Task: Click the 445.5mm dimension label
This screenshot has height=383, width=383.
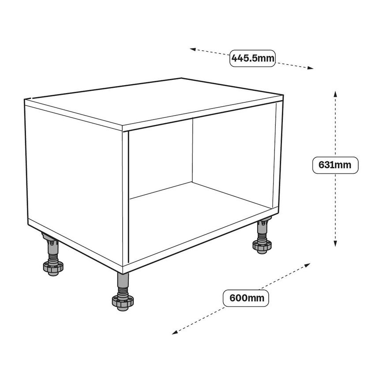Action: (252, 58)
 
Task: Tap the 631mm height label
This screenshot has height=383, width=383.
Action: (334, 165)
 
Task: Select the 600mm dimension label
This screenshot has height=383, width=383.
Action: (246, 297)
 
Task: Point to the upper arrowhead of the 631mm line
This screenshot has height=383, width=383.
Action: (335, 94)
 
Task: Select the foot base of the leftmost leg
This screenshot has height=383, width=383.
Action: (52, 267)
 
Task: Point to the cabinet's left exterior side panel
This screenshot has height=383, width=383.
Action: (73, 176)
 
